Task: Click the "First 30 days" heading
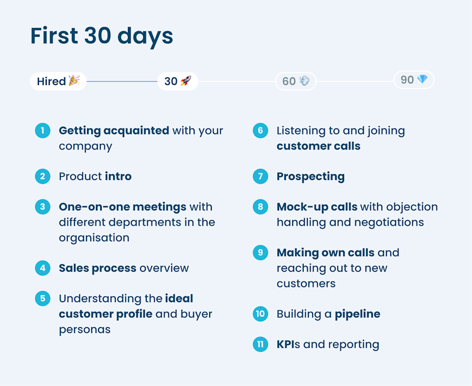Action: tap(102, 36)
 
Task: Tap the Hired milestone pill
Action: tap(58, 81)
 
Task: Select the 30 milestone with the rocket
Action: tap(178, 81)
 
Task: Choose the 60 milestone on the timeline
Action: tap(296, 81)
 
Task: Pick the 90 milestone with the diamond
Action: tap(414, 80)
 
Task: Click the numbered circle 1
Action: tap(42, 131)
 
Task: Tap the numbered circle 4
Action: tap(42, 268)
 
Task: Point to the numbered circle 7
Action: tap(260, 176)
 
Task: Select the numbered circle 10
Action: tap(260, 314)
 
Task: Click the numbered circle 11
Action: tap(260, 344)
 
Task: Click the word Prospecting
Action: tap(310, 176)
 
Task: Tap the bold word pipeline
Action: tap(358, 314)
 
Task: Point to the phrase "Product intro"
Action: tap(95, 176)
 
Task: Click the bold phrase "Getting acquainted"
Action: tap(114, 131)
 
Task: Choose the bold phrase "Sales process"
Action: tap(97, 268)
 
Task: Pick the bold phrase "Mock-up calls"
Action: tap(317, 207)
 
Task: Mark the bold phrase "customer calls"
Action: tap(318, 146)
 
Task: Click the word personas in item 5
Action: tap(84, 329)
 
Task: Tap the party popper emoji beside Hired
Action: tap(74, 81)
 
